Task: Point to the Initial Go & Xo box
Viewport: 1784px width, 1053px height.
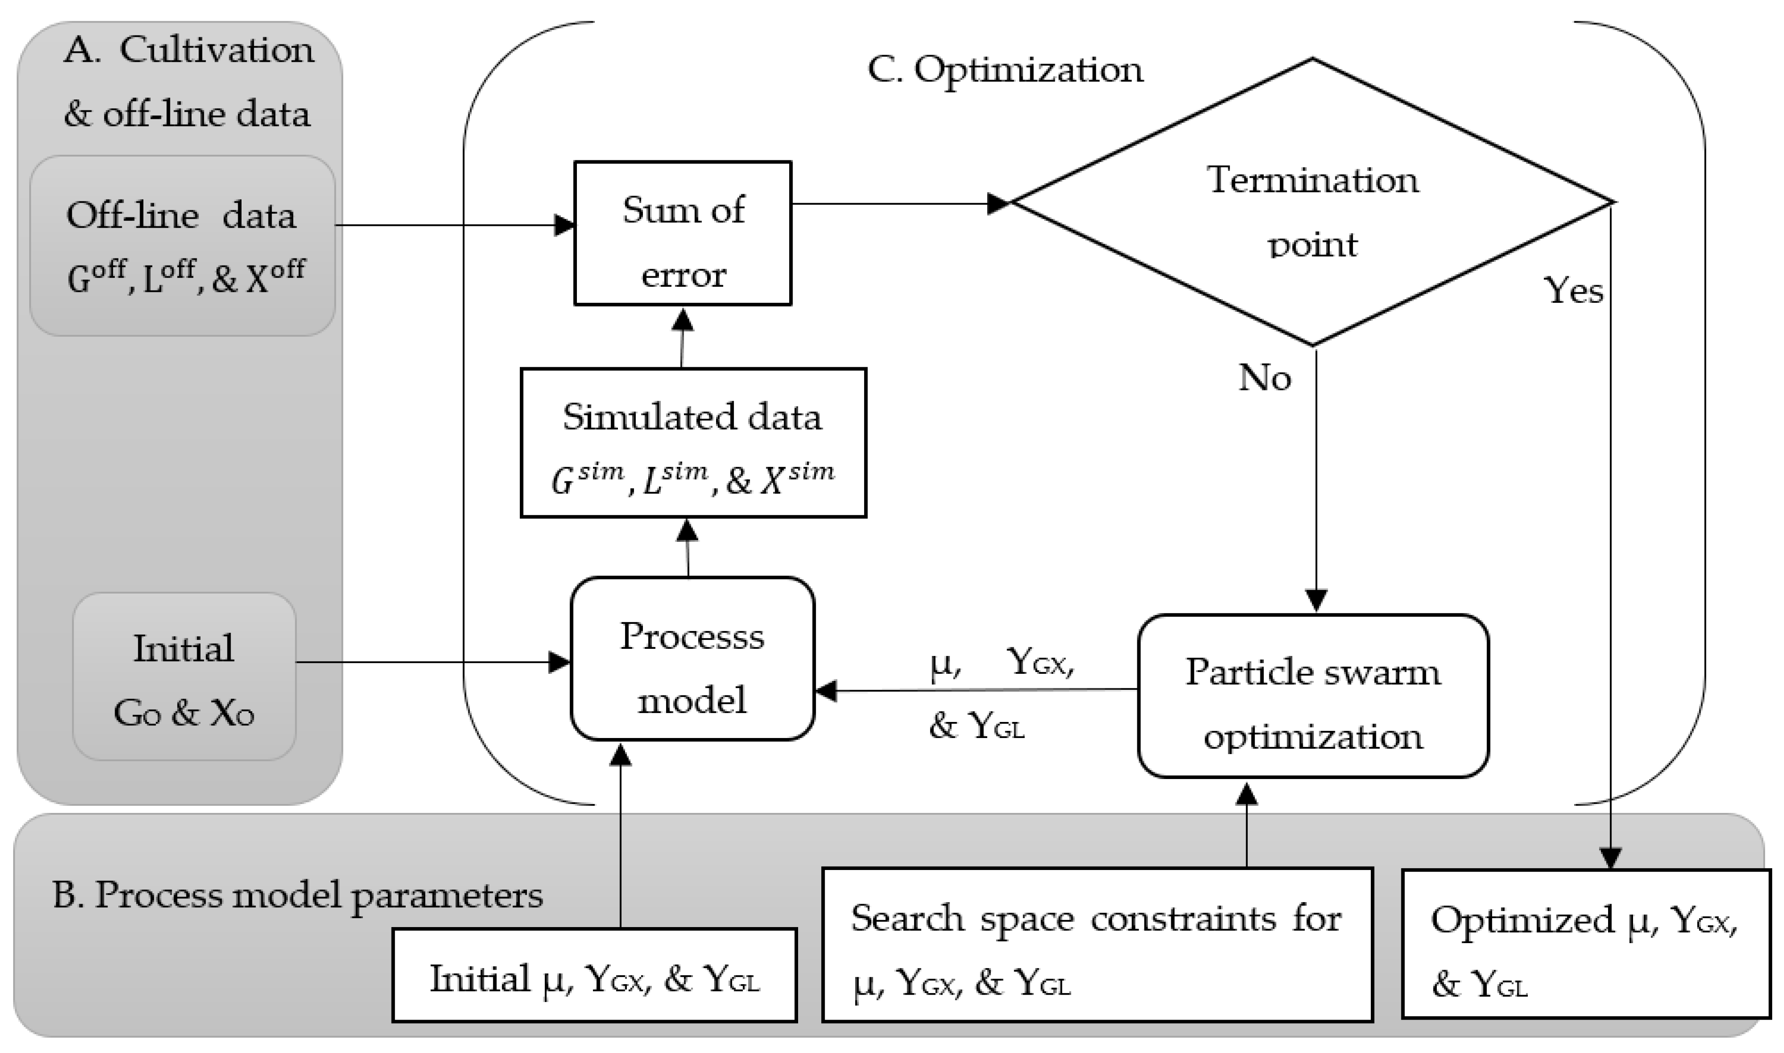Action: point(184,677)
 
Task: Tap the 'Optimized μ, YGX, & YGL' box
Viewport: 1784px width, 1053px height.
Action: point(1584,944)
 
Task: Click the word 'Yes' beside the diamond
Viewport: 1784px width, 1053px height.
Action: point(1573,291)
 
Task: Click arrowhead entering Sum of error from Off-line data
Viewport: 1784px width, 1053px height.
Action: point(565,225)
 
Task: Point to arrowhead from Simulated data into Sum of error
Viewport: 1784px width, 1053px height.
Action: point(682,320)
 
